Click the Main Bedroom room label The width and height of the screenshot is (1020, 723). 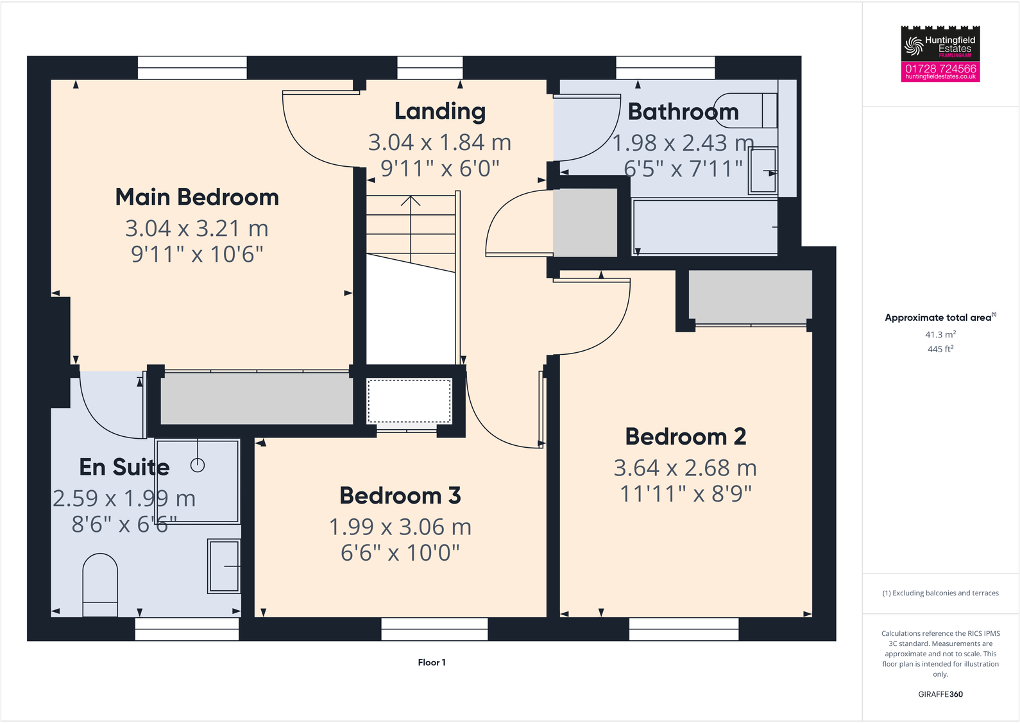197,197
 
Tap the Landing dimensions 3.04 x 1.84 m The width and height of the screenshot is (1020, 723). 439,142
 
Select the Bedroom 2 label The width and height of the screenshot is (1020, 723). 685,437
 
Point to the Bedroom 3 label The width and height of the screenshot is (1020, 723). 400,496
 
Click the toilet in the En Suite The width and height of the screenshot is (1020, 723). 100,584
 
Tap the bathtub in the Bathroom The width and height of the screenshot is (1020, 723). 704,227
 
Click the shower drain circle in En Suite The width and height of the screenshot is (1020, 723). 198,466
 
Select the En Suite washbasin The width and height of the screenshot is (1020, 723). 224,566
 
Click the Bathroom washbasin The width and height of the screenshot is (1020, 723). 763,171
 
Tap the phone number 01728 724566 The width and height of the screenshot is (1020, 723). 940,68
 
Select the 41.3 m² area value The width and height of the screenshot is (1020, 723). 940,335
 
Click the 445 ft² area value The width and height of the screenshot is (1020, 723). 940,349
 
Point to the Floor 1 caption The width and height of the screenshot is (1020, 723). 431,662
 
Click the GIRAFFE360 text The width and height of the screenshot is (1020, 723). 940,694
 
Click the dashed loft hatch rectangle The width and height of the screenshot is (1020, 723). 409,401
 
